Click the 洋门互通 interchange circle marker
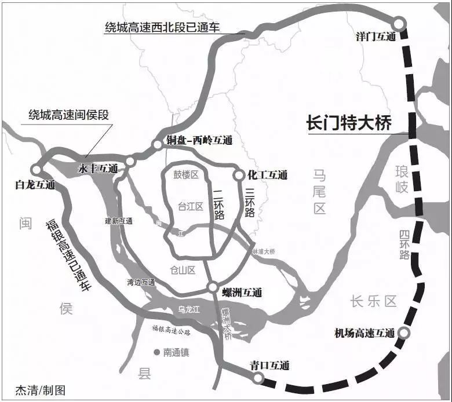(399, 23)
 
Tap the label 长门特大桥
(349, 123)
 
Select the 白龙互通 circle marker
(37, 170)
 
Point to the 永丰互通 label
(98, 169)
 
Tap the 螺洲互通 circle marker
(213, 287)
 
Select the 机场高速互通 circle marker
(405, 332)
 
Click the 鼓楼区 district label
(185, 174)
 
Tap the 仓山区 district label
(183, 270)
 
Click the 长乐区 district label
(373, 301)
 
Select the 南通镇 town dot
(156, 352)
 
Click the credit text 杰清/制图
(41, 390)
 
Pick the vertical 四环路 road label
(404, 245)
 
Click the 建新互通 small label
(119, 221)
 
